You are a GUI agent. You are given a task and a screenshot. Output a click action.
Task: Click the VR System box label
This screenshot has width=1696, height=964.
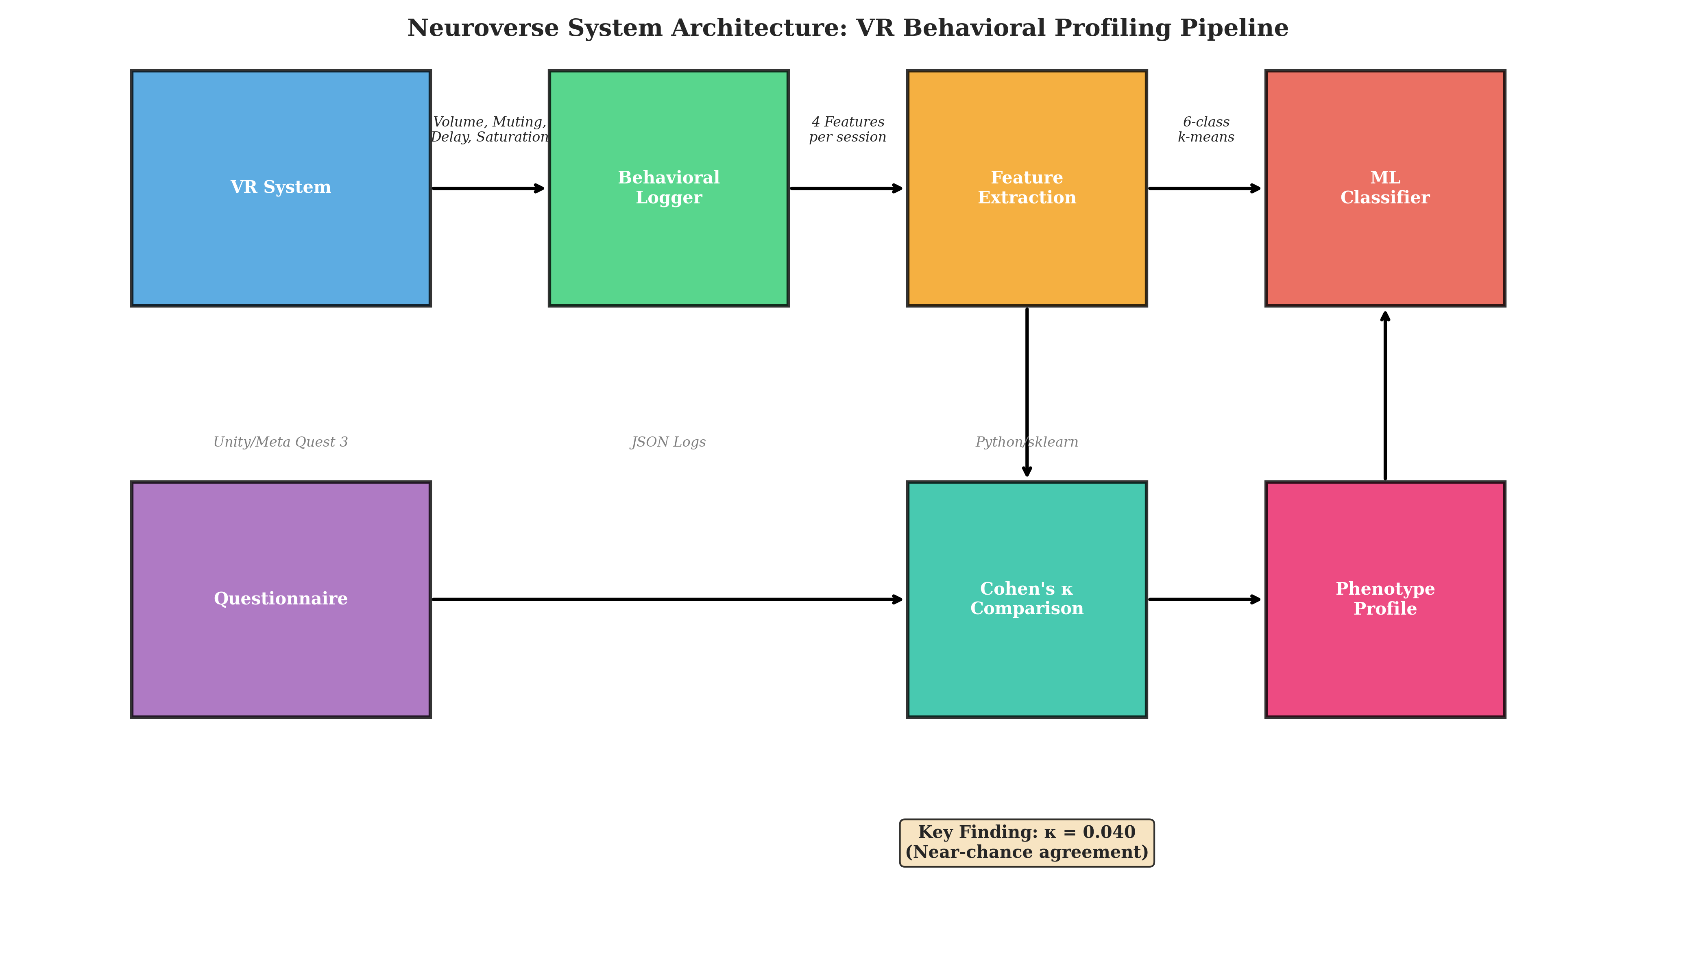click(x=281, y=188)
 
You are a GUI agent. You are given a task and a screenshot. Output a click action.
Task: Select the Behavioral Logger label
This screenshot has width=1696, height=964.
click(x=669, y=188)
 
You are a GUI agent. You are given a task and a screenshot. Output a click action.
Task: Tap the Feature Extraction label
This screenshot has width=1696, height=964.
click(x=1027, y=188)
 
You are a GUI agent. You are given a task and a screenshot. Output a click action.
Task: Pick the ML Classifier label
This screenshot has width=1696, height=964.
click(x=1385, y=188)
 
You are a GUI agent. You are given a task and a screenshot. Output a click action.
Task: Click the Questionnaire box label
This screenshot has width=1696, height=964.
click(x=281, y=598)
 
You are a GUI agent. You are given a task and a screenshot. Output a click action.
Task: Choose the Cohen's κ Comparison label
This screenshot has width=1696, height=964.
click(x=1027, y=598)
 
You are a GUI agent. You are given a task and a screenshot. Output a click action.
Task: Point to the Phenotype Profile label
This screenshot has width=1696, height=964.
click(x=1385, y=598)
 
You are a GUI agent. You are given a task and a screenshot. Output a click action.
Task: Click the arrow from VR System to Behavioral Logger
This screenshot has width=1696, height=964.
click(x=488, y=189)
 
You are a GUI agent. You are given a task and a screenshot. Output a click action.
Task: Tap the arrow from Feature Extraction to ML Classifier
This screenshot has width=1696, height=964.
click(x=1205, y=189)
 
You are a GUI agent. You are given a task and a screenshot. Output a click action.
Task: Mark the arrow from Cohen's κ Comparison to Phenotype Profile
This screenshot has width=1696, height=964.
click(x=1205, y=600)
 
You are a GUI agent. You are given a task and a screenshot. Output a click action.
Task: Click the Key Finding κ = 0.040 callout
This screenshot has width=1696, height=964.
click(x=1027, y=842)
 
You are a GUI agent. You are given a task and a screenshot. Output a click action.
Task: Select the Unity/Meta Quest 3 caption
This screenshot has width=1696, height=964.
click(x=281, y=442)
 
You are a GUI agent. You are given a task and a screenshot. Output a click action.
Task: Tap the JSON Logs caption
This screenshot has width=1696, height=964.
click(x=669, y=442)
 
